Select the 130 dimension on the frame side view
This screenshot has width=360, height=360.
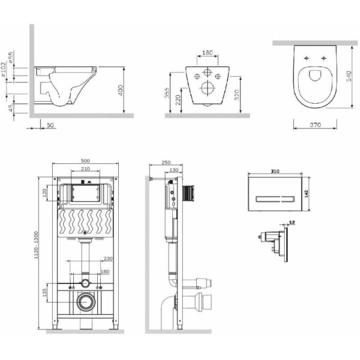click(x=173, y=170)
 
